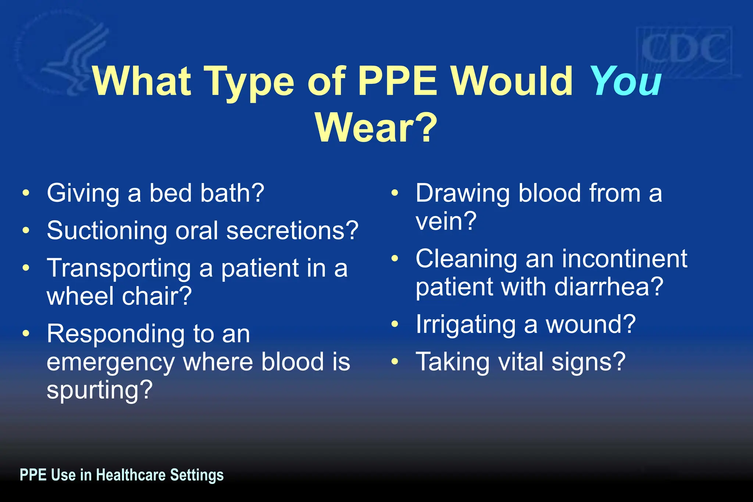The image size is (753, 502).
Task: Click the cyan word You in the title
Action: [625, 82]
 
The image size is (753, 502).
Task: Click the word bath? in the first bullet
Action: [232, 193]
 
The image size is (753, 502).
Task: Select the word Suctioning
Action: [107, 231]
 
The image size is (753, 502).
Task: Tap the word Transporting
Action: [118, 268]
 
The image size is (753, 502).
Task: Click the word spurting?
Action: [99, 390]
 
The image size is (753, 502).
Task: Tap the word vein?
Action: [446, 221]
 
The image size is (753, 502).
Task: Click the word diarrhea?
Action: [609, 287]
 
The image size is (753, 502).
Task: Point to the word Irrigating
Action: [465, 325]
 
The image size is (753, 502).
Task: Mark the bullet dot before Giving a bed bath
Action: [25, 193]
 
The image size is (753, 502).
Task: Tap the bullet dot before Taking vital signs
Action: [395, 362]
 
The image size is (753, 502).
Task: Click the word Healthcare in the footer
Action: [131, 475]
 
